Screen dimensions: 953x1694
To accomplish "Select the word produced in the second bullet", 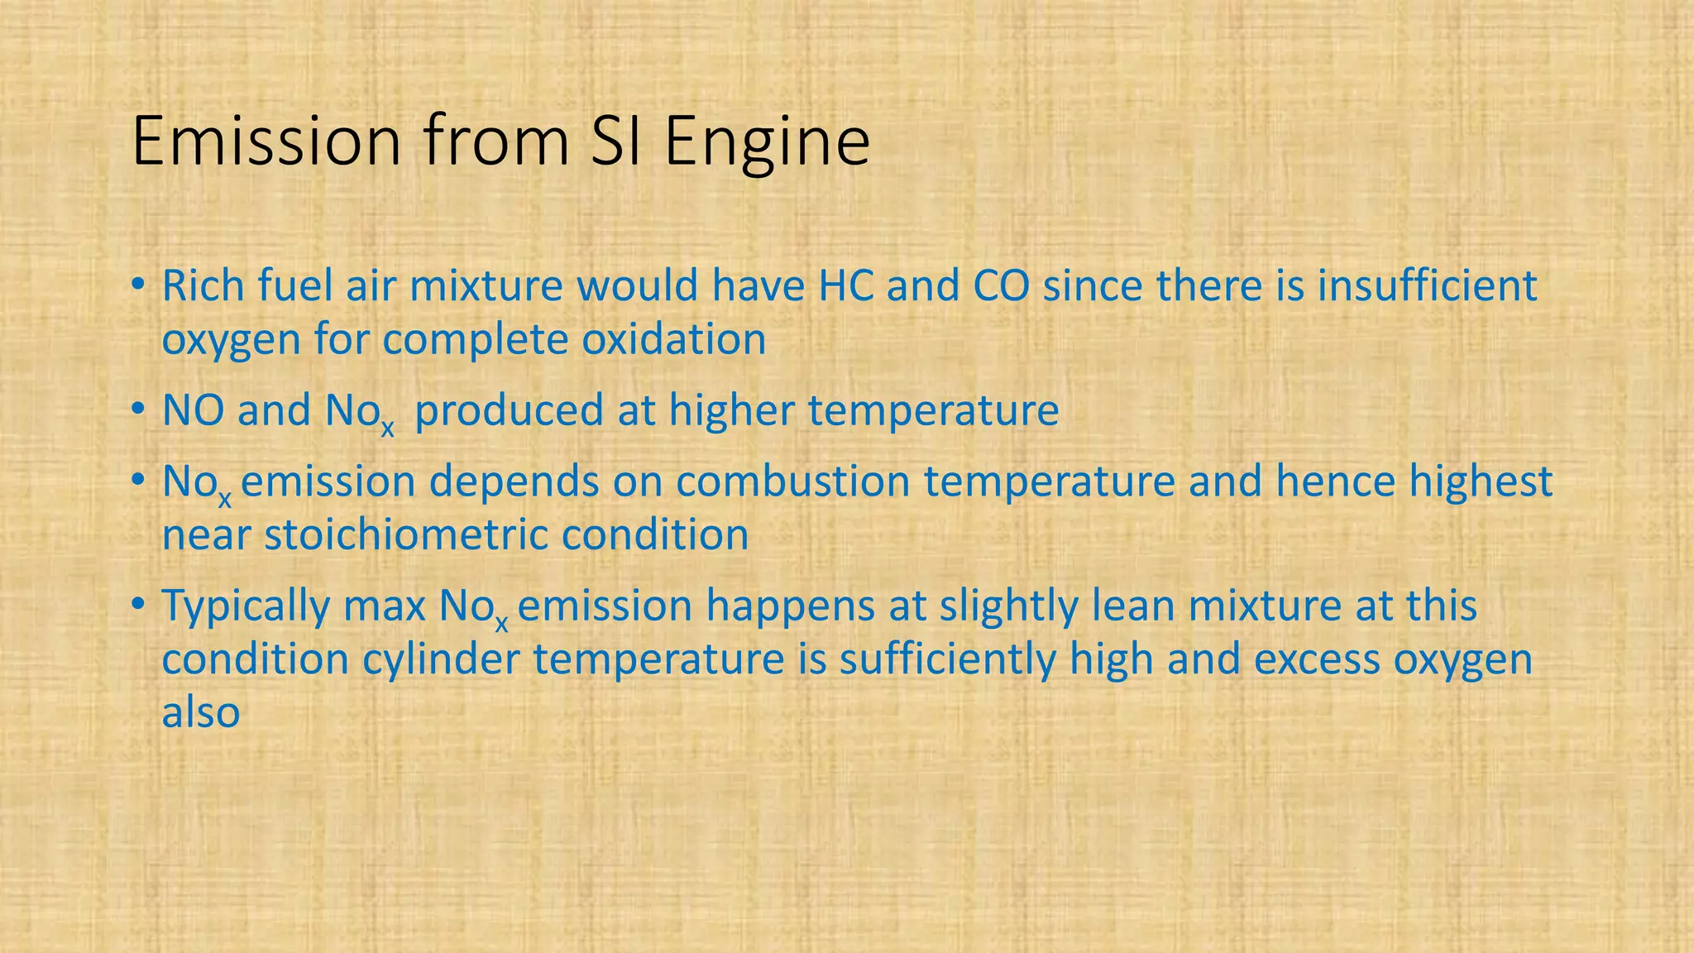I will pos(509,411).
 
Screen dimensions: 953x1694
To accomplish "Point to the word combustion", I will pos(792,481).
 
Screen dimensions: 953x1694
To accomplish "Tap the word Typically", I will pos(246,606).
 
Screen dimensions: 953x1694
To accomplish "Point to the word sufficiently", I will pos(948,660).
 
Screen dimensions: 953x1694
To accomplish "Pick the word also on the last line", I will pos(200,713).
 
